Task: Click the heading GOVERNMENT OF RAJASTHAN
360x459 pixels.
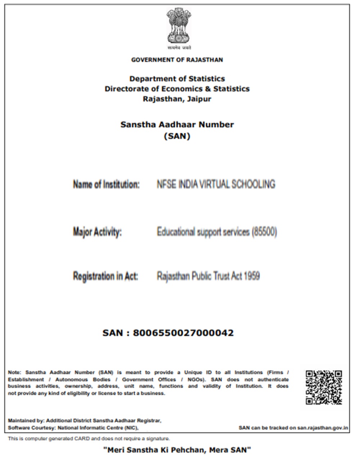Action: [177, 60]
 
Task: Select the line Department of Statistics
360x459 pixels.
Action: [177, 79]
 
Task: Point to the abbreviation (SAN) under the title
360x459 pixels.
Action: [177, 136]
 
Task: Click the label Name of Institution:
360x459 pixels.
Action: [106, 185]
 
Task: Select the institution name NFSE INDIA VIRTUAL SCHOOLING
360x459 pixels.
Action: [216, 184]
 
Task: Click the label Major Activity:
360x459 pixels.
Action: [97, 232]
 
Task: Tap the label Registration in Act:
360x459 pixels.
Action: [105, 277]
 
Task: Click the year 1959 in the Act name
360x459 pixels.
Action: [252, 276]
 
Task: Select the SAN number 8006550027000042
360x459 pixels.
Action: [183, 333]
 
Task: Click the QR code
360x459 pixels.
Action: [324, 387]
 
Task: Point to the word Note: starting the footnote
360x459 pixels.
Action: [15, 372]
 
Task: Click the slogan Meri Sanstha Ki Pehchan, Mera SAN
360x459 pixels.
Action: [177, 449]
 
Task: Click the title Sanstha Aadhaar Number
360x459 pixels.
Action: [177, 125]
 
